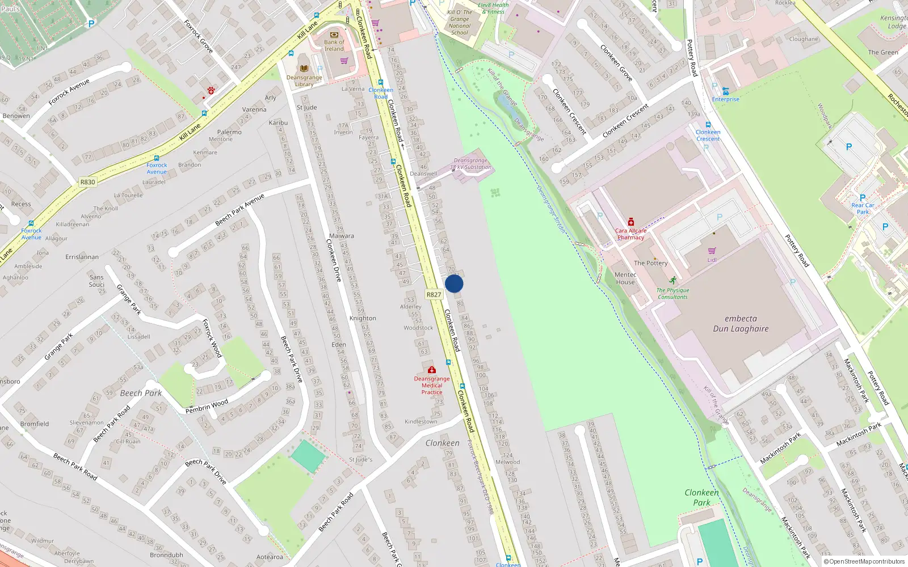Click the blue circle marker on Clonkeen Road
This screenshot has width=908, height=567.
454,283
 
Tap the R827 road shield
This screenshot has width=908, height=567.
434,294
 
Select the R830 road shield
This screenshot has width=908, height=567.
87,182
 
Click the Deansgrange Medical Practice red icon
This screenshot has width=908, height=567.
432,370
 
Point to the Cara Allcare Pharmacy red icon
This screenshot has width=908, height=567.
630,222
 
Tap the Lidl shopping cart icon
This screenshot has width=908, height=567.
712,251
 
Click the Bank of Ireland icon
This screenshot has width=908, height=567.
334,35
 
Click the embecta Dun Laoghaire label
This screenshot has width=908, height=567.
741,324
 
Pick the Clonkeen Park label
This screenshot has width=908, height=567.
701,497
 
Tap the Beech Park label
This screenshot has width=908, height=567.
141,393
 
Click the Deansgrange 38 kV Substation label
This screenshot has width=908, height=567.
470,164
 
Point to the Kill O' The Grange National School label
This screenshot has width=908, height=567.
460,23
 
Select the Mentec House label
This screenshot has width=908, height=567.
625,278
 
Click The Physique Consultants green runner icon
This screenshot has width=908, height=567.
672,280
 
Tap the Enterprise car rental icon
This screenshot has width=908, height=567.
725,91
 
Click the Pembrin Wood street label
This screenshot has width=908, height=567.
207,407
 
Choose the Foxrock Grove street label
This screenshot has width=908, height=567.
199,37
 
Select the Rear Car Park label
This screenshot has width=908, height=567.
863,209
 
